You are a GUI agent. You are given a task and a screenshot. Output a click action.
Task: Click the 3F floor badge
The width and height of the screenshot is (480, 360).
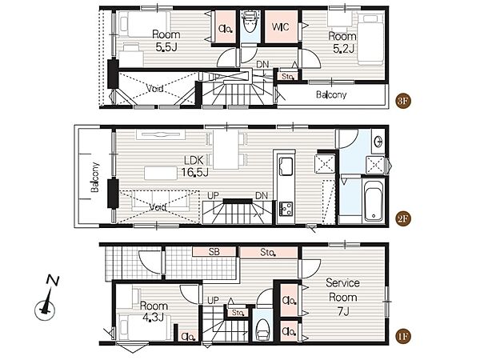(x=403, y=101)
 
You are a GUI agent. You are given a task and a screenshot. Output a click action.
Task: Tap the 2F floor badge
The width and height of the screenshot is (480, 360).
(x=403, y=218)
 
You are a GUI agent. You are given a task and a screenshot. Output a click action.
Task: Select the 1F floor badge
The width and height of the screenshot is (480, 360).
(x=403, y=337)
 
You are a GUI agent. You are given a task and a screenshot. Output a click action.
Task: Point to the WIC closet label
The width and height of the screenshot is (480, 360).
(x=281, y=27)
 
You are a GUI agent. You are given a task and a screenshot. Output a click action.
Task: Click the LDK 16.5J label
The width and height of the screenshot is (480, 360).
(x=195, y=166)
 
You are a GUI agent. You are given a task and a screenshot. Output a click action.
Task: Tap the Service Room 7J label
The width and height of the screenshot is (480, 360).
(x=342, y=297)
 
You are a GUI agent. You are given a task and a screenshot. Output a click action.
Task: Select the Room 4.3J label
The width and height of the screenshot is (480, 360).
(x=154, y=311)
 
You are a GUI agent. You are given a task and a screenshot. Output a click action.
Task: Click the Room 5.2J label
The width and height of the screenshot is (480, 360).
(x=342, y=42)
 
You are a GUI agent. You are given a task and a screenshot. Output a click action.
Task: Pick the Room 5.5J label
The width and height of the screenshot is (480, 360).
(x=166, y=41)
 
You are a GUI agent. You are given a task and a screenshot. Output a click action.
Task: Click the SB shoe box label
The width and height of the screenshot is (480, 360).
(x=214, y=252)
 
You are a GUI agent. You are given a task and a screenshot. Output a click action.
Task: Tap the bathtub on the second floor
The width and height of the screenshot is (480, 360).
(x=374, y=201)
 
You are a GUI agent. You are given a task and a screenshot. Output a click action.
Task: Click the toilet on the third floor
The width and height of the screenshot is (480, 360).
(x=250, y=22)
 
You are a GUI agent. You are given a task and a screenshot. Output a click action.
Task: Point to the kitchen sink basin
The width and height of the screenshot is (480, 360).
(x=286, y=166)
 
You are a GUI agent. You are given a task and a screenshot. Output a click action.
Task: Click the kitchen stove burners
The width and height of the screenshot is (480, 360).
(x=286, y=209)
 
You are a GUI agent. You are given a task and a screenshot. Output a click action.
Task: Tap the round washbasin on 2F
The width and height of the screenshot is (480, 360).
(x=378, y=141)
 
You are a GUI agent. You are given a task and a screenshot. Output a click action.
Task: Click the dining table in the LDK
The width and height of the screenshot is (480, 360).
(x=226, y=150)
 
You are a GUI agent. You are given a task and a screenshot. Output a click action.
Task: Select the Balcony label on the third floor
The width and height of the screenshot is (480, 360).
(x=331, y=94)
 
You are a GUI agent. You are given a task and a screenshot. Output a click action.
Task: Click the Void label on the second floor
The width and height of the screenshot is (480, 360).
(x=158, y=207)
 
